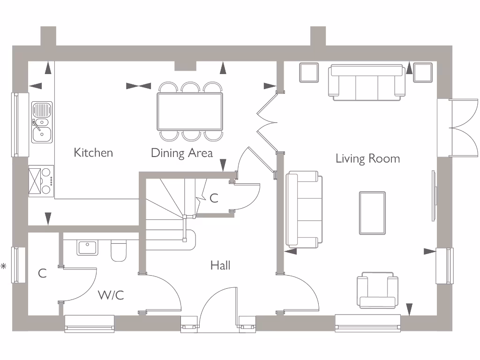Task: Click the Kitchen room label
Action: tap(93, 152)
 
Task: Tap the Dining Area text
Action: tap(181, 153)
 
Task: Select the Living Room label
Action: tap(367, 158)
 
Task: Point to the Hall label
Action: tap(220, 265)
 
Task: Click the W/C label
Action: tap(111, 295)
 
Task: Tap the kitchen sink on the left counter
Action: tap(42, 122)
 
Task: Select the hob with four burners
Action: tap(41, 180)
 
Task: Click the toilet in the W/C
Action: tap(118, 251)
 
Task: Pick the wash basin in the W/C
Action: tap(88, 247)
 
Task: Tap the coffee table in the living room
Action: tap(372, 213)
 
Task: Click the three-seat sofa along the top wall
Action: tap(367, 82)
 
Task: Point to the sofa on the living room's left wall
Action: tap(304, 209)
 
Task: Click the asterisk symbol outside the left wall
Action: tap(4, 266)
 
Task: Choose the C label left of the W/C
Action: tap(42, 273)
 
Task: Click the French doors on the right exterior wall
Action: tap(457, 127)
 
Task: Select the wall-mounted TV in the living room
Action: tap(435, 196)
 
